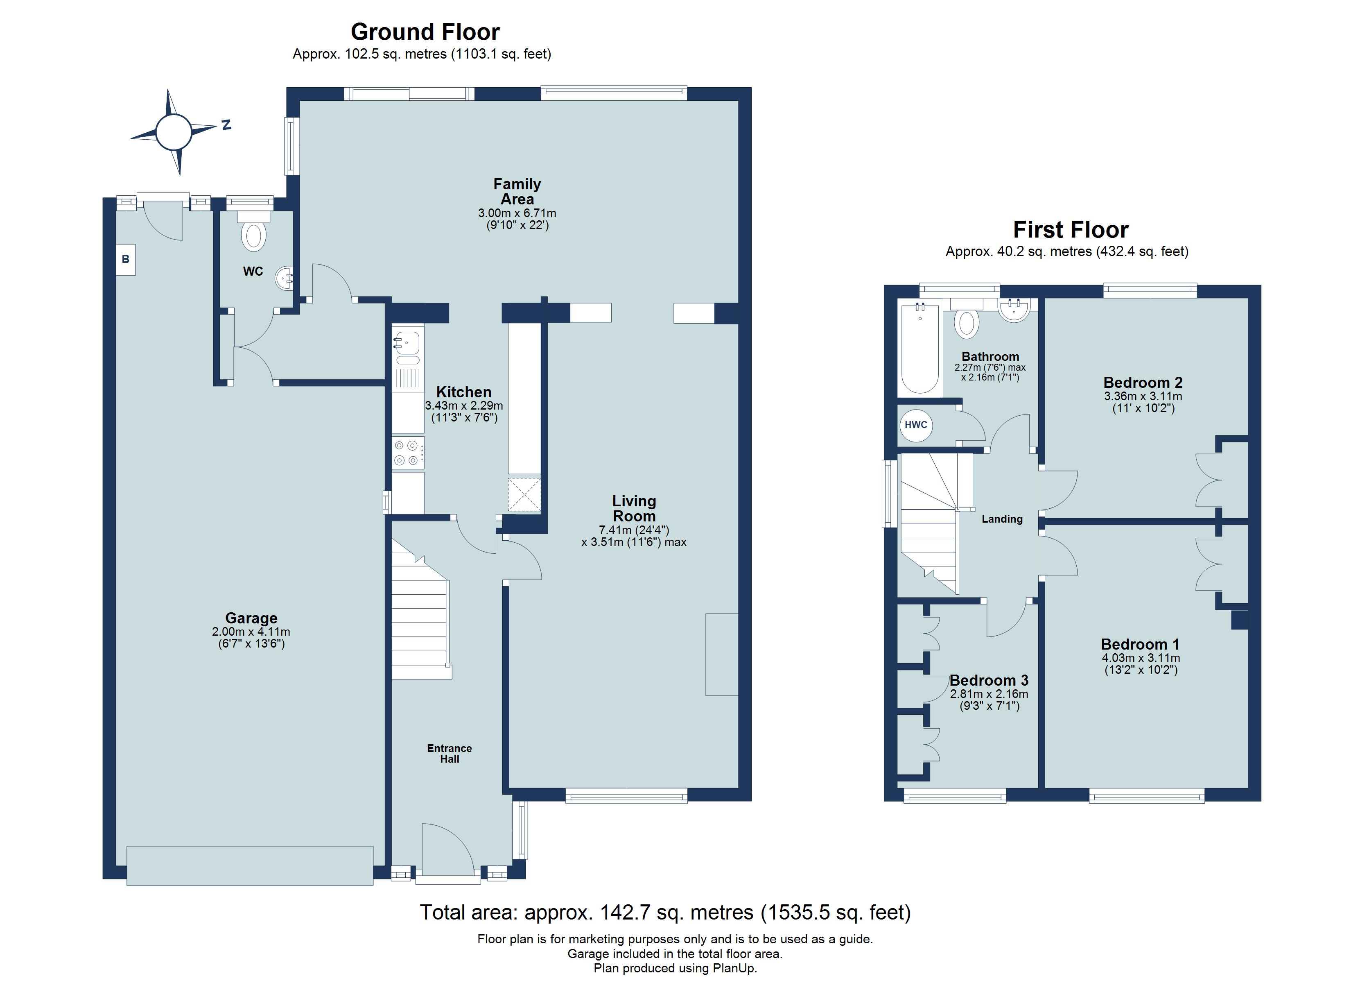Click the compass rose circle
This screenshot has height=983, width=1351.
(173, 132)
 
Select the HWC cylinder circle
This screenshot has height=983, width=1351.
(915, 425)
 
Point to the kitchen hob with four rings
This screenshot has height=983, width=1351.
(407, 453)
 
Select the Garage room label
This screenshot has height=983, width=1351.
(251, 618)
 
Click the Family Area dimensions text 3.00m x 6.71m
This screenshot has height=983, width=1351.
(517, 213)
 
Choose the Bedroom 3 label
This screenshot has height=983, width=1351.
(989, 680)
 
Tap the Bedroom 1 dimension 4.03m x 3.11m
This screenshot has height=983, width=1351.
(1140, 658)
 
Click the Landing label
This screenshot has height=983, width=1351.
(1002, 519)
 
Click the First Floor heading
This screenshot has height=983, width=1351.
(1071, 229)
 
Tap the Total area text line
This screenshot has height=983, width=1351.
(665, 913)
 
